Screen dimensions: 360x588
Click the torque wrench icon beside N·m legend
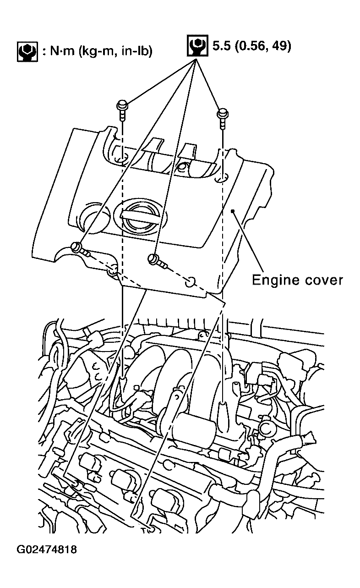click(x=27, y=51)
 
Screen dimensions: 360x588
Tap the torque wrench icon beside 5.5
click(x=197, y=45)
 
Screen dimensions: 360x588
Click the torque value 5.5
click(x=220, y=46)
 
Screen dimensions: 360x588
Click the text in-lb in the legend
click(x=136, y=51)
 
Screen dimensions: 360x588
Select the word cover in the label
click(x=324, y=280)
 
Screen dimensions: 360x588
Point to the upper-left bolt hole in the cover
click(x=121, y=159)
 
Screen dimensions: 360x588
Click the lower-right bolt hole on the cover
click(x=191, y=282)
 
